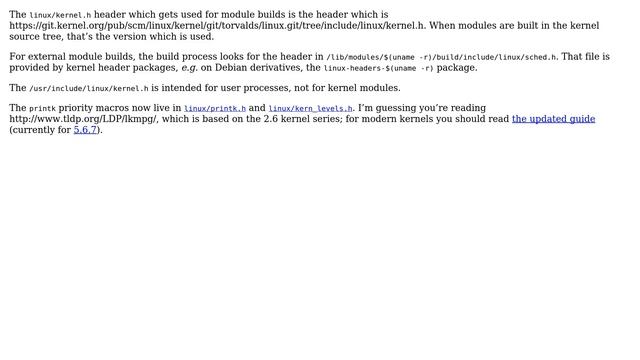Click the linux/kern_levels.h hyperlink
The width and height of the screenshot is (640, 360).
[x=311, y=108]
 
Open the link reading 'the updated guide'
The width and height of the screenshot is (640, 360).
[x=553, y=119]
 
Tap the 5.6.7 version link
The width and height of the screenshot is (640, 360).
[x=85, y=130]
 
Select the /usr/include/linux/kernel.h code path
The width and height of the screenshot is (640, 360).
[x=89, y=88]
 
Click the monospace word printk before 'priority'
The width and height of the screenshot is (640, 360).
[x=42, y=108]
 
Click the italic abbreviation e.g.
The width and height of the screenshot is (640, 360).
[x=189, y=68]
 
